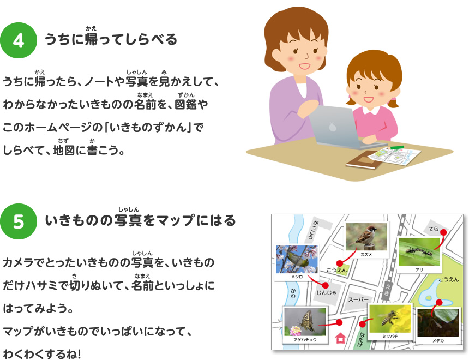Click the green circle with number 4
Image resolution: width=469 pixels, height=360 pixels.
pos(18,40)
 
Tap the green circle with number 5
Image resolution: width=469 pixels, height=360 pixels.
pos(18,221)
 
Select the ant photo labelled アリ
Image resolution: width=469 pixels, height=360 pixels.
pos(419,251)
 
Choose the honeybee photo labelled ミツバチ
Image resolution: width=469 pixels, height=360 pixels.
pos(389,322)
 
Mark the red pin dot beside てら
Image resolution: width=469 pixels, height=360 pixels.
pos(444,232)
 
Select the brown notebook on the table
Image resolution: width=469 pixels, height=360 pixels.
pos(364,160)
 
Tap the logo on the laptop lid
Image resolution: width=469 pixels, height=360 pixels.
pos(333,127)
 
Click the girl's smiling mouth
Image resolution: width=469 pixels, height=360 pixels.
pos(369,100)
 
